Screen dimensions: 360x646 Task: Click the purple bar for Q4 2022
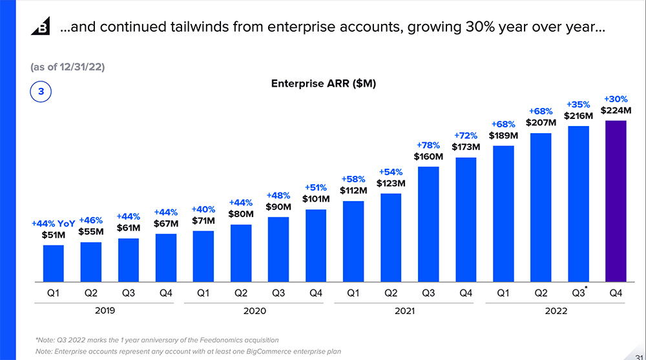(x=616, y=202)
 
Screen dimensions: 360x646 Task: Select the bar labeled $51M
(x=54, y=264)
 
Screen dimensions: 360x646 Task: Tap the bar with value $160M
(x=428, y=224)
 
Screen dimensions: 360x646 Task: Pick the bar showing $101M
(x=316, y=246)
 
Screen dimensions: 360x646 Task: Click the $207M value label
(x=541, y=123)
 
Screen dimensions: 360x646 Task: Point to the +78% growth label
(x=428, y=145)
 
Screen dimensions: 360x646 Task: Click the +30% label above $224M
(x=616, y=99)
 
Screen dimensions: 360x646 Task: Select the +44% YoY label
(x=54, y=224)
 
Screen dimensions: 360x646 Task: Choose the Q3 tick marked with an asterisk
(x=578, y=293)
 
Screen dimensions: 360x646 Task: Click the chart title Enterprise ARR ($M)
(x=324, y=83)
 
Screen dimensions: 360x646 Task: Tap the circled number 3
(x=41, y=92)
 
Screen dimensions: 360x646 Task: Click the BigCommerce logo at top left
(x=41, y=28)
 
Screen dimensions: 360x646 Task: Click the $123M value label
(x=391, y=183)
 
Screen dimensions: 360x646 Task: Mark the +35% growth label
(x=578, y=105)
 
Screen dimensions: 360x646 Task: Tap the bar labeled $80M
(x=241, y=253)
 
